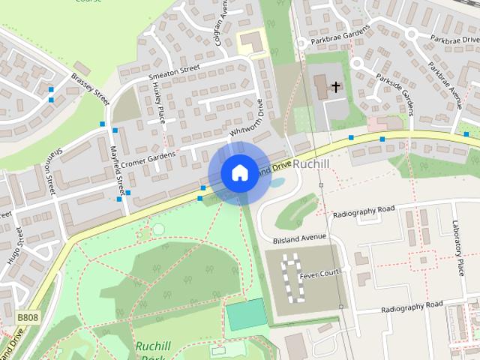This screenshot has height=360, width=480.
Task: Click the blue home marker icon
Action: click(239, 172)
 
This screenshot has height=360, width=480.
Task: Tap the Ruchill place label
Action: click(311, 163)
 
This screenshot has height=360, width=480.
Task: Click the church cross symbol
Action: click(336, 87)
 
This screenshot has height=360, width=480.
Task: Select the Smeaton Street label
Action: click(174, 72)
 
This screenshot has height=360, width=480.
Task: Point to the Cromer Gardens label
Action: click(148, 158)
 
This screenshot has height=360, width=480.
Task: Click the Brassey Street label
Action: click(91, 87)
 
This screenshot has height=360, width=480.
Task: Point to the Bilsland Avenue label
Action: click(300, 237)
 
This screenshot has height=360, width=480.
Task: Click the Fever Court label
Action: click(319, 275)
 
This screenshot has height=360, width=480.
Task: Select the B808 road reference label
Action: click(28, 318)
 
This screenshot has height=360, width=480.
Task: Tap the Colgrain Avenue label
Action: click(222, 22)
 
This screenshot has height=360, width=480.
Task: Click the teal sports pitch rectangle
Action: click(246, 314)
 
